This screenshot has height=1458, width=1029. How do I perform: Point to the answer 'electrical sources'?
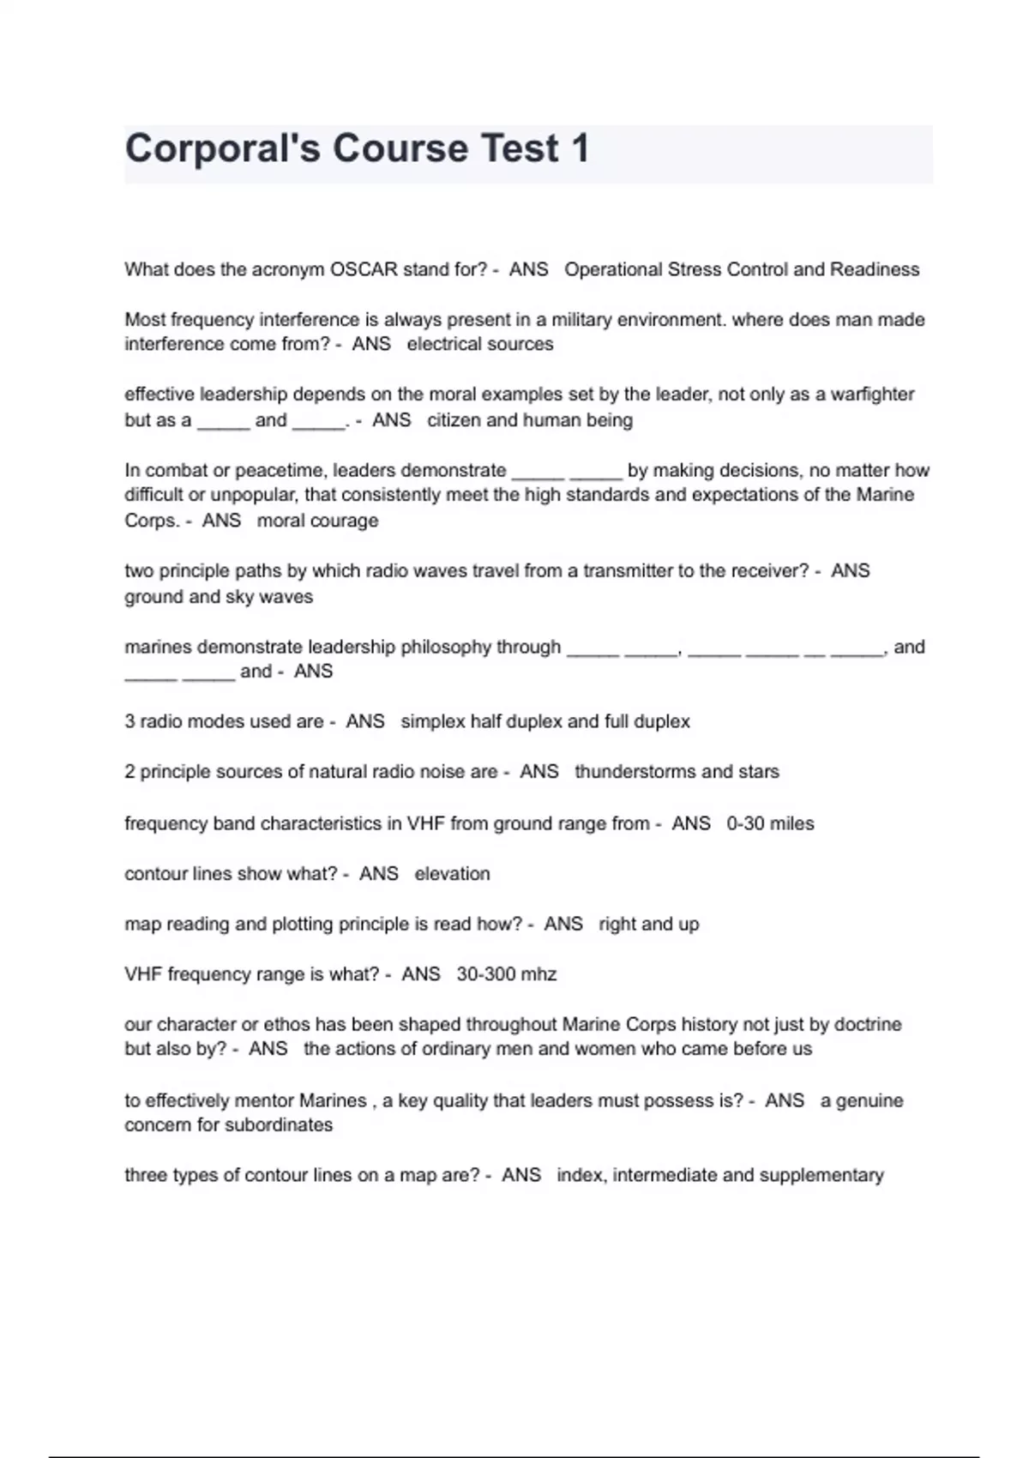480,344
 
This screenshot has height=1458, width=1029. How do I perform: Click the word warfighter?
872,395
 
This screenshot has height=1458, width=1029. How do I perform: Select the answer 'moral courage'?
317,521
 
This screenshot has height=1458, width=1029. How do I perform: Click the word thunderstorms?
635,772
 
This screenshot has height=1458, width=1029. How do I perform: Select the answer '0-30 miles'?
770,823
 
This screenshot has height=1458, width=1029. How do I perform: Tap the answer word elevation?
452,874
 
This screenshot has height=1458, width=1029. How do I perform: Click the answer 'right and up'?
648,924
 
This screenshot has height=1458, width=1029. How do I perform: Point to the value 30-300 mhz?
506,974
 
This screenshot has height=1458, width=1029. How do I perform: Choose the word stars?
758,772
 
